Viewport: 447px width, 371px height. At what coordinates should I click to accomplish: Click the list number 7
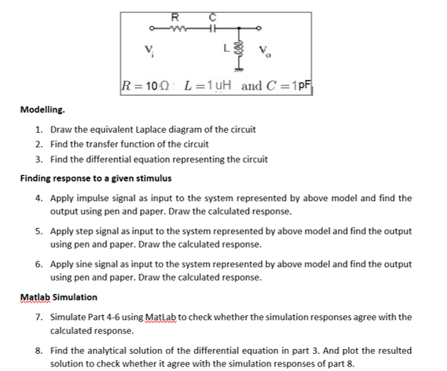click(x=38, y=317)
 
